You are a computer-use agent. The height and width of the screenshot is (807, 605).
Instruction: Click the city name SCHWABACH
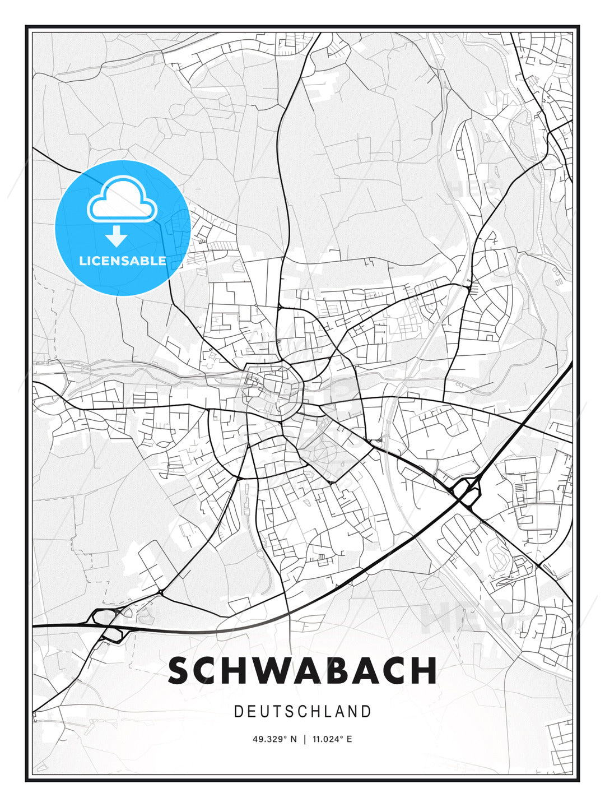[302, 670]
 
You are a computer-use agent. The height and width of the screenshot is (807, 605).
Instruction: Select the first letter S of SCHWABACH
[179, 670]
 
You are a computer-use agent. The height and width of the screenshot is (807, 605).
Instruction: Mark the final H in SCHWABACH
[424, 670]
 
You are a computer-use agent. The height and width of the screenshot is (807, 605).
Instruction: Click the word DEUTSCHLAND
[302, 712]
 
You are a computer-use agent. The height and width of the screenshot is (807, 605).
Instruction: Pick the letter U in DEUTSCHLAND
[265, 712]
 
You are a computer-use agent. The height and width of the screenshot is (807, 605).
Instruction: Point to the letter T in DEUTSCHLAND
[278, 712]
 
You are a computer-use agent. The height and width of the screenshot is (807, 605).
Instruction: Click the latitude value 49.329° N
[274, 739]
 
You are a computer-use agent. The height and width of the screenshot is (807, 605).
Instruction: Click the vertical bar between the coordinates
[305, 739]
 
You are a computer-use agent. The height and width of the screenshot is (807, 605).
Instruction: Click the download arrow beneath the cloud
[116, 236]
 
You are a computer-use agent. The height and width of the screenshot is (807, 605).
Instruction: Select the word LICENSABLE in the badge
[123, 261]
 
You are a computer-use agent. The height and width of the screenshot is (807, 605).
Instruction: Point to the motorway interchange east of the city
[467, 491]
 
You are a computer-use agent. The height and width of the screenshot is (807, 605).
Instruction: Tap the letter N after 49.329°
[294, 739]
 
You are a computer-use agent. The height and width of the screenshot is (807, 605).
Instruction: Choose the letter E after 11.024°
[350, 739]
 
